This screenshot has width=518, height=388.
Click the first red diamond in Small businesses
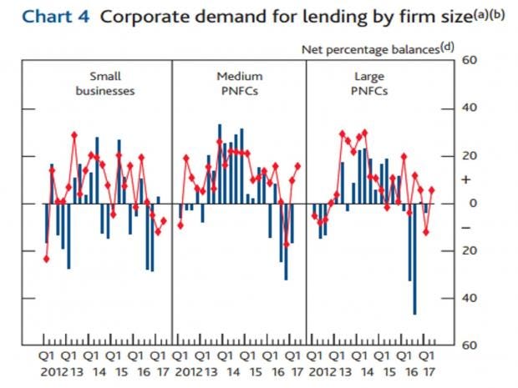(x=46, y=259)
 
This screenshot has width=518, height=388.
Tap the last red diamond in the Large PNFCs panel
(x=432, y=189)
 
